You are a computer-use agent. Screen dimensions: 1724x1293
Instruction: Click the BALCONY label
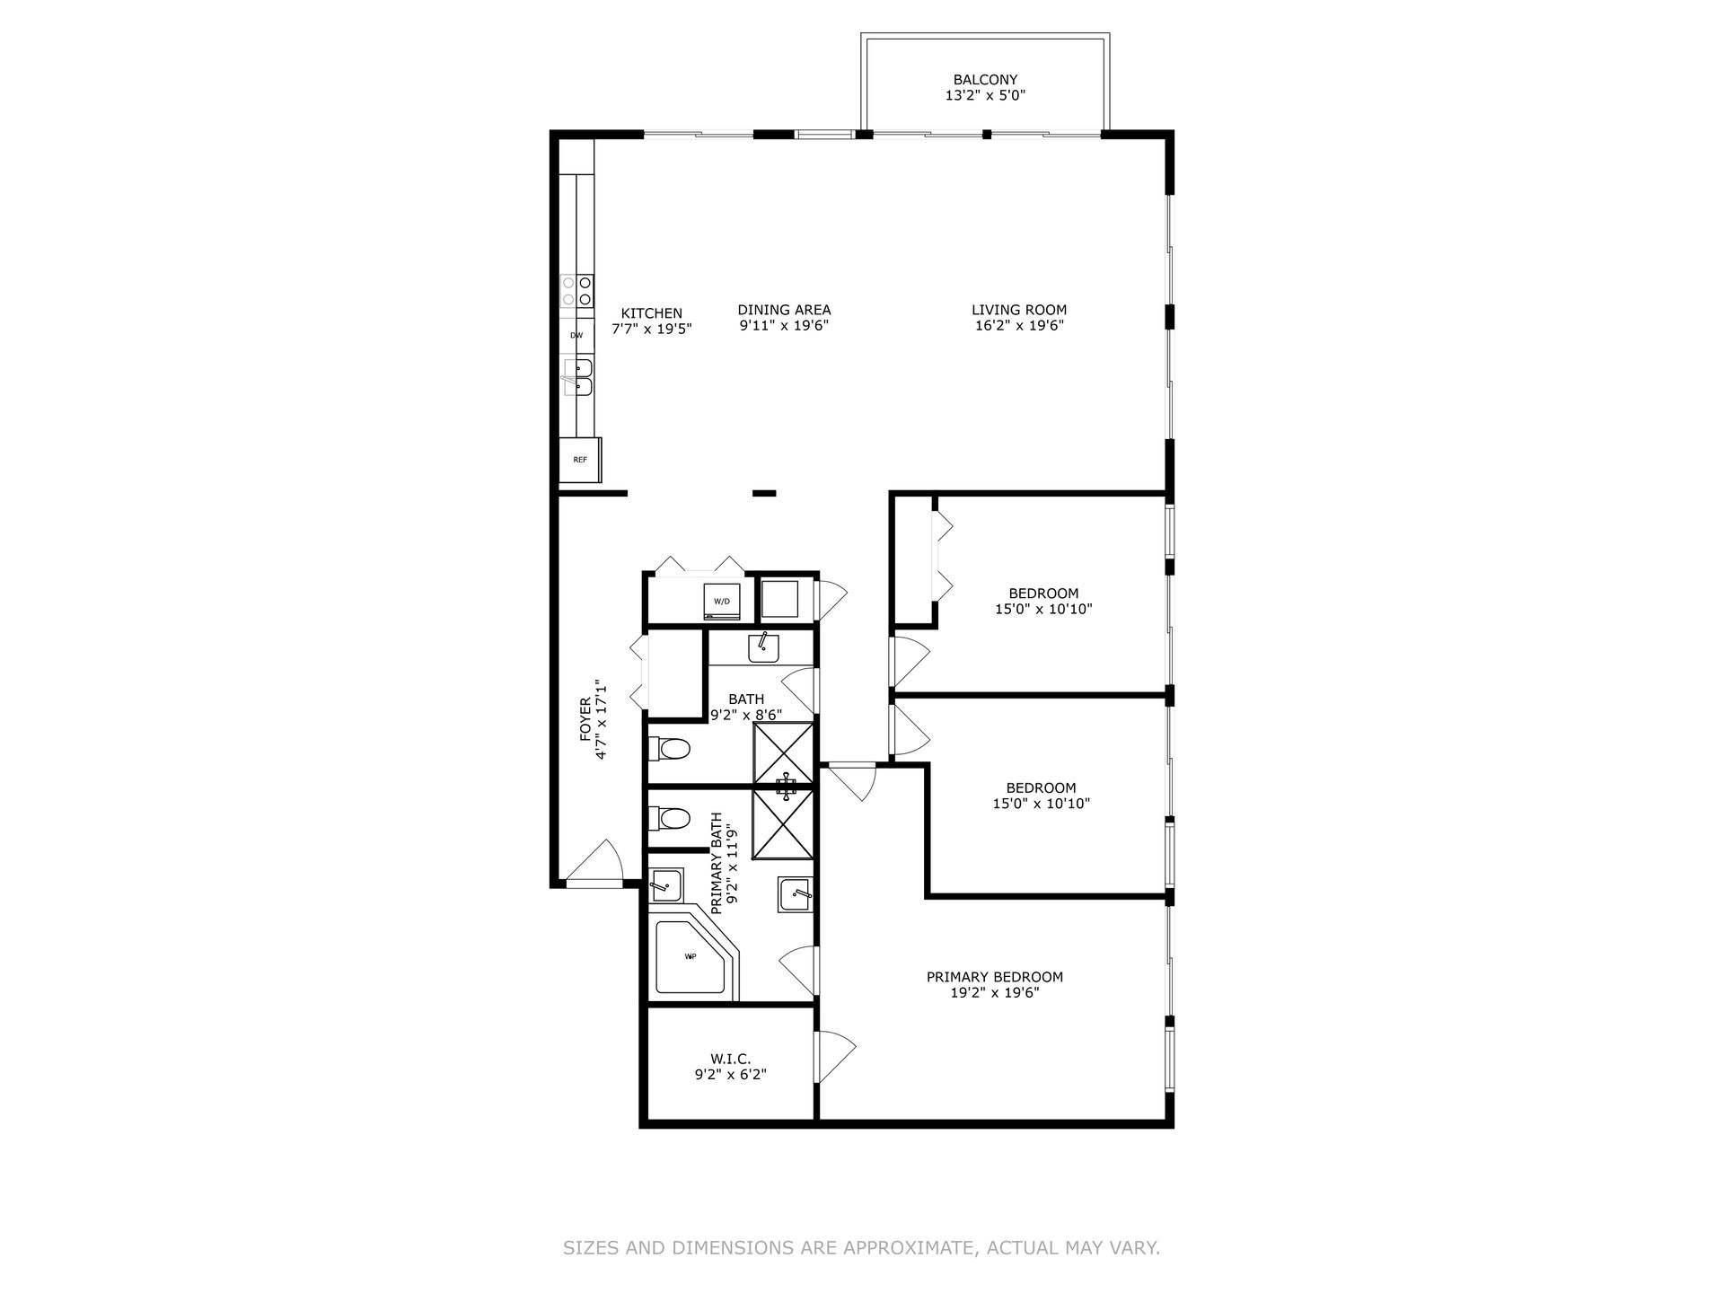[985, 79]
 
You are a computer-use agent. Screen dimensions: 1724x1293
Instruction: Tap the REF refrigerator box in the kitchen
[580, 460]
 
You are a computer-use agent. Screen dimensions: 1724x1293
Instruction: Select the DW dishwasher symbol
[576, 336]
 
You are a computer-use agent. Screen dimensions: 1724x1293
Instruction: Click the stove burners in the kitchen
[576, 289]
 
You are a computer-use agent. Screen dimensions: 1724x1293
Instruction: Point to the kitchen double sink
[577, 377]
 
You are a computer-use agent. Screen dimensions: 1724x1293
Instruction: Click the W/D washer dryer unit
[722, 601]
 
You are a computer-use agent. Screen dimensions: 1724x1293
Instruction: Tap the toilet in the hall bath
[669, 747]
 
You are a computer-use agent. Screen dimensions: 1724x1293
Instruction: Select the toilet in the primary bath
[669, 818]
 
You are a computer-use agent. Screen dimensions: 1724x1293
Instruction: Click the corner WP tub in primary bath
[693, 957]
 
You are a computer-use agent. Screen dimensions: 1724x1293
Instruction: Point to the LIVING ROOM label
[1019, 311]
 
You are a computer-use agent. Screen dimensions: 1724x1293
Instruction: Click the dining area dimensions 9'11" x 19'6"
[784, 326]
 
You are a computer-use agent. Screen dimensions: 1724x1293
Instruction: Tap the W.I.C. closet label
[730, 1060]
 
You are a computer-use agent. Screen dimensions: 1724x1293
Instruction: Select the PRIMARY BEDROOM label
[995, 977]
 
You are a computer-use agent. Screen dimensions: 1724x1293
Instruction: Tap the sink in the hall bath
[763, 647]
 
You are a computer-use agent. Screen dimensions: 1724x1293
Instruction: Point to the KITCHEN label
[652, 313]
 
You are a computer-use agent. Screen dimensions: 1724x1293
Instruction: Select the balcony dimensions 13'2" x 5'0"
[985, 94]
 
